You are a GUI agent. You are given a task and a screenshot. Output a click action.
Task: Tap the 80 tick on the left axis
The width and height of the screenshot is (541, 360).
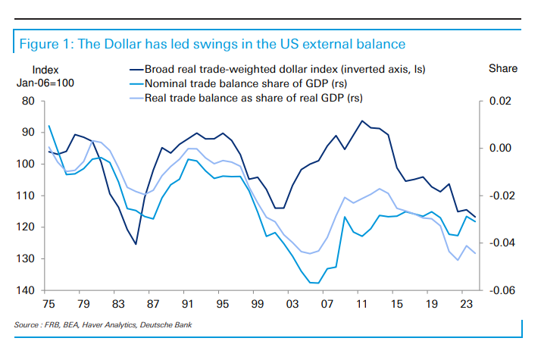click(x=30, y=101)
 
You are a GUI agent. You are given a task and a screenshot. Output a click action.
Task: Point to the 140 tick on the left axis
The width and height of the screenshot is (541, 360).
click(x=27, y=290)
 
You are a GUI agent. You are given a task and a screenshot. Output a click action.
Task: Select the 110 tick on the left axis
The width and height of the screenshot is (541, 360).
click(x=27, y=196)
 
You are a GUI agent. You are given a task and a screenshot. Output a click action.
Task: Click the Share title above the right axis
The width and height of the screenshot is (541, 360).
click(x=503, y=69)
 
